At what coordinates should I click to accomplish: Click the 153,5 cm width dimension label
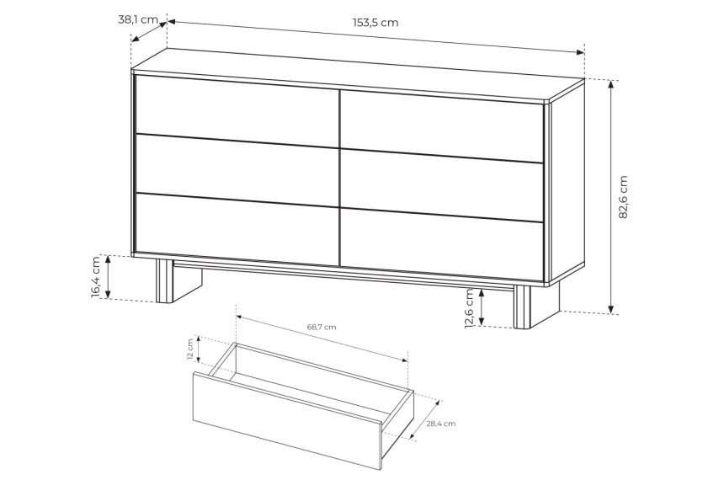(375, 23)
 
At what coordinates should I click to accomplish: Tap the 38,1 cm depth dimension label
(138, 20)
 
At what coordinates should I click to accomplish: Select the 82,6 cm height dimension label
(623, 197)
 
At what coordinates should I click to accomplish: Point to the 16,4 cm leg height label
(96, 276)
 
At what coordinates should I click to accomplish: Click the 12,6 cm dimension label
(469, 308)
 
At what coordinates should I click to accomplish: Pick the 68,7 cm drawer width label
(322, 327)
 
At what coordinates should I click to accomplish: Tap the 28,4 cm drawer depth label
(441, 424)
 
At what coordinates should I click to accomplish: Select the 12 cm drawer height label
(190, 349)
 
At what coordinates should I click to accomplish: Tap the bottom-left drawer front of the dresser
(237, 229)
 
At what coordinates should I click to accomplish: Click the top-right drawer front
(442, 125)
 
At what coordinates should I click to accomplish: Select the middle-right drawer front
(442, 185)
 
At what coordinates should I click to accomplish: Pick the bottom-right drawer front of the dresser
(442, 245)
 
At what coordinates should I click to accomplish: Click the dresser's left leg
(178, 281)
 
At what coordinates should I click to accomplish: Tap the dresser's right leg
(536, 306)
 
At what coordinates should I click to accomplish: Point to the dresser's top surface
(358, 74)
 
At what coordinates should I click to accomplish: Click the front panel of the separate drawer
(287, 420)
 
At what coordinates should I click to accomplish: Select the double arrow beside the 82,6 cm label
(611, 197)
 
